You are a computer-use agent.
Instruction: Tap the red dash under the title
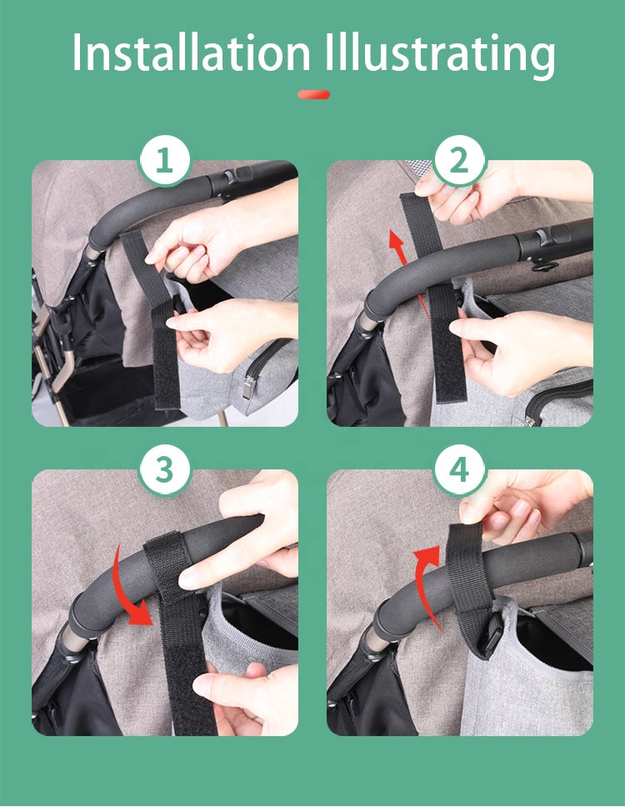pyautogui.click(x=313, y=95)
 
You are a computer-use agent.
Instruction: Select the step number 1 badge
pyautogui.click(x=165, y=161)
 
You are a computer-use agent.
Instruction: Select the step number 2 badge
pyautogui.click(x=459, y=161)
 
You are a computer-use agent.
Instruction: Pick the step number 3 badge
pyautogui.click(x=165, y=470)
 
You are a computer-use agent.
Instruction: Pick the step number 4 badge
pyautogui.click(x=459, y=470)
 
